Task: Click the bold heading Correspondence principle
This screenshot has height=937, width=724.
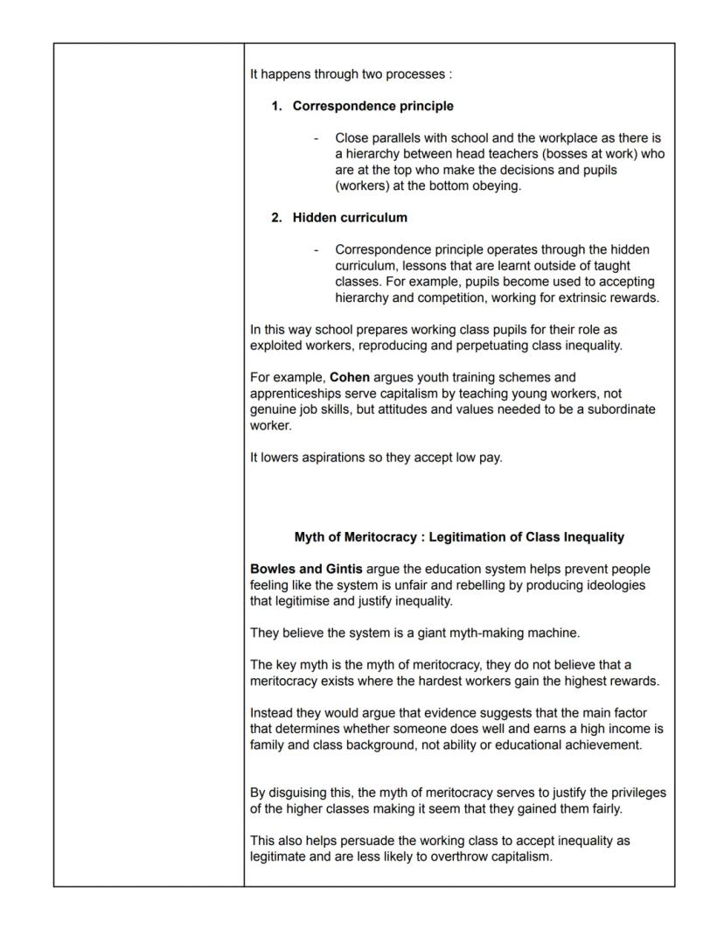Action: pyautogui.click(x=372, y=106)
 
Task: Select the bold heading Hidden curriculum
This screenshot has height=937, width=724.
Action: pyautogui.click(x=350, y=217)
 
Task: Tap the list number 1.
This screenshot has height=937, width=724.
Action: pyautogui.click(x=275, y=106)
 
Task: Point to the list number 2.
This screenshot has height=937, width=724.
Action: pyautogui.click(x=275, y=217)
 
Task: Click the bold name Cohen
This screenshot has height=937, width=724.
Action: pyautogui.click(x=350, y=377)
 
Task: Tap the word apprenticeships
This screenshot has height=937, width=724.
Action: pyautogui.click(x=294, y=394)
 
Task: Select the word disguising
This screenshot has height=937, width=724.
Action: pyautogui.click(x=300, y=793)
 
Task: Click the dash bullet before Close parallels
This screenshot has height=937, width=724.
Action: pyautogui.click(x=316, y=138)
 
